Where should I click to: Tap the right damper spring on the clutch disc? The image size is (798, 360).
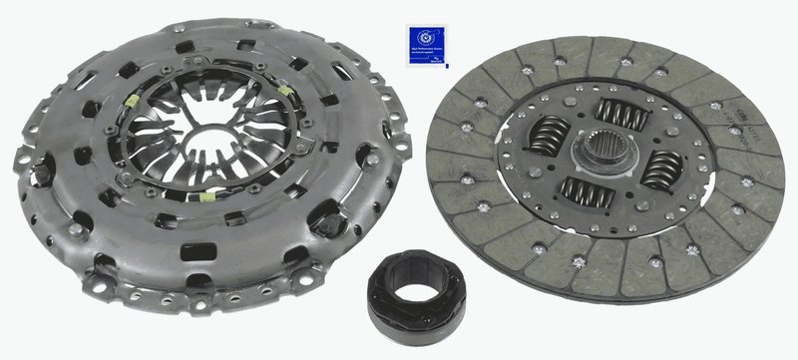pyautogui.click(x=661, y=170)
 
